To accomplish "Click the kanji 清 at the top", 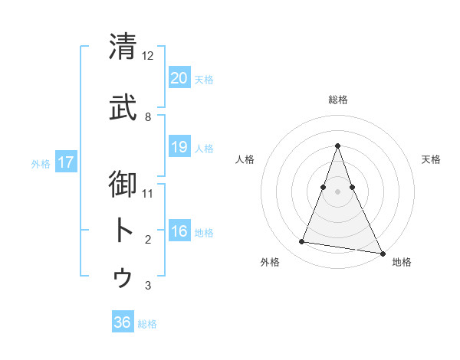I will [x=123, y=47].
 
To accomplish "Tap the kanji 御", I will [x=123, y=185].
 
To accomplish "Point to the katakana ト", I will [x=123, y=231].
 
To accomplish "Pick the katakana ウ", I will [x=123, y=277].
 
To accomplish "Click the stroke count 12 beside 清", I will [x=148, y=56].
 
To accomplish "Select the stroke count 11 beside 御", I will [x=148, y=193].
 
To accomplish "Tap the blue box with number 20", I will [x=179, y=78].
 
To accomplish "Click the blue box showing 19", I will [x=179, y=147].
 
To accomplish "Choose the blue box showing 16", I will [x=179, y=231].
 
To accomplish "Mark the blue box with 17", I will [x=65, y=162].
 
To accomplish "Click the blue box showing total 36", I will [x=122, y=322].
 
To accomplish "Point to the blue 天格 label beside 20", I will [x=204, y=80].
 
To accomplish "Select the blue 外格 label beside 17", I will [x=41, y=163].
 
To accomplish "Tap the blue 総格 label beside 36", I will [x=147, y=324].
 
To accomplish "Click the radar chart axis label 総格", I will [x=337, y=100].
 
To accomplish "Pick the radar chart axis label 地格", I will [x=402, y=262].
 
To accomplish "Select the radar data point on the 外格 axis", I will [x=302, y=242].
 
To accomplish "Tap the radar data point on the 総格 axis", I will [x=337, y=146].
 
